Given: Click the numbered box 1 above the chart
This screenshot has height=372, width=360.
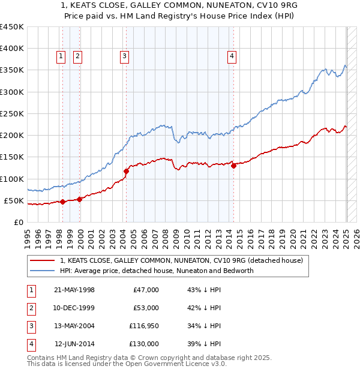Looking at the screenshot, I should [61, 56].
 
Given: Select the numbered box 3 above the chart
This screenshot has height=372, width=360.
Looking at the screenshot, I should [124, 56].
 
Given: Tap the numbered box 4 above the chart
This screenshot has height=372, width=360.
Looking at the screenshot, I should [232, 56].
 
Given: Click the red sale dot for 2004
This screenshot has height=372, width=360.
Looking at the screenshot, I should [126, 171].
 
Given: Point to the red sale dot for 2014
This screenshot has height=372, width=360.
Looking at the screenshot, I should [233, 166].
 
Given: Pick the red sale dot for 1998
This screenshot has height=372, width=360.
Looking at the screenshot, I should [63, 202].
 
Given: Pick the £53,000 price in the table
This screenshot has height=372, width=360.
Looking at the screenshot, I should [145, 308].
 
